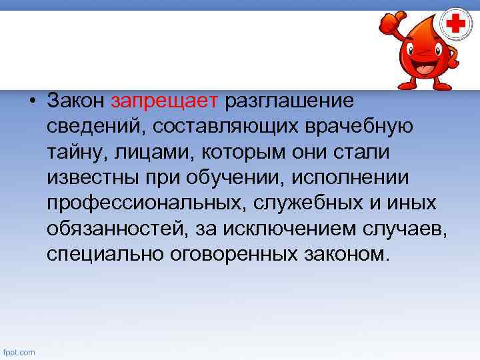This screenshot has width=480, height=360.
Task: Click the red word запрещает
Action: coord(165,101)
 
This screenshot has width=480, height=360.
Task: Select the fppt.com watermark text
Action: coord(19,352)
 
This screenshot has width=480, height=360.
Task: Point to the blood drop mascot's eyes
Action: coord(421,45)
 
